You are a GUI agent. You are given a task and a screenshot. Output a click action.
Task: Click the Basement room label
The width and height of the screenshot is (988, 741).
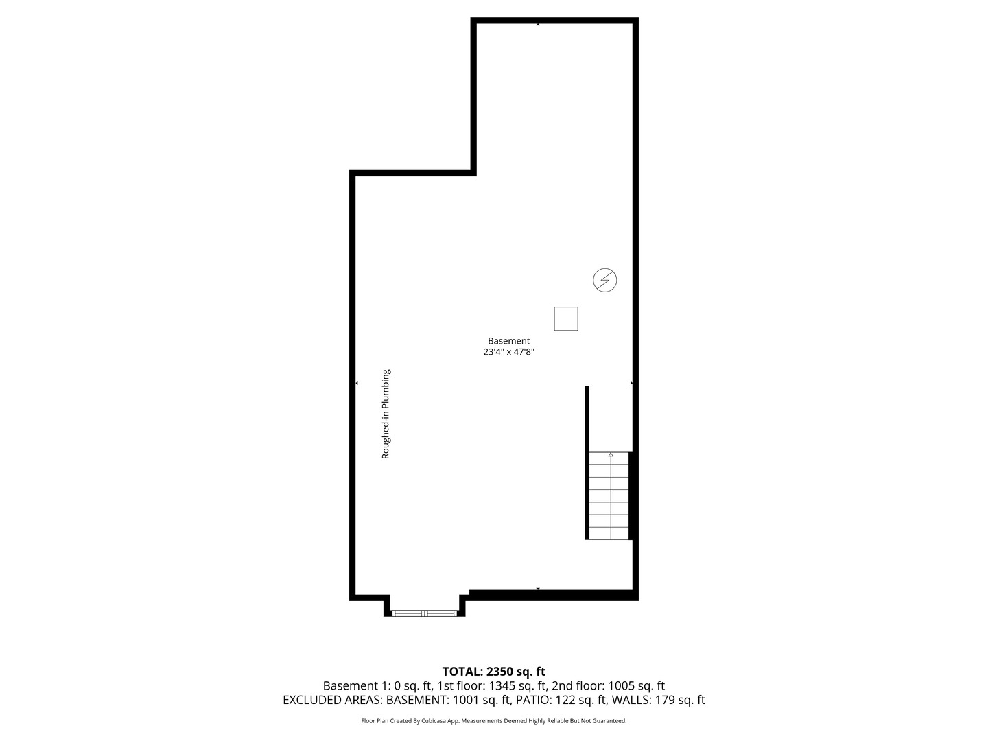[x=508, y=340]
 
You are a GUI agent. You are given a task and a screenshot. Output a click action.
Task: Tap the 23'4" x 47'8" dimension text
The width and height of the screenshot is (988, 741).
[x=508, y=352]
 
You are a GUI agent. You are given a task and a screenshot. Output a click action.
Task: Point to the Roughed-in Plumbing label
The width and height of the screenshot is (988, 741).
[x=386, y=414]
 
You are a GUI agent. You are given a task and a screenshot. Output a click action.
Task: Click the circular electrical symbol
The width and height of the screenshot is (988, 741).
[x=605, y=280]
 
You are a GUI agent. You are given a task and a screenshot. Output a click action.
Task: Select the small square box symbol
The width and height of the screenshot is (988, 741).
[x=566, y=318]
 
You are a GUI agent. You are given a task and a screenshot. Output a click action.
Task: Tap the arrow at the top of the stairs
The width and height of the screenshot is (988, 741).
[x=611, y=454]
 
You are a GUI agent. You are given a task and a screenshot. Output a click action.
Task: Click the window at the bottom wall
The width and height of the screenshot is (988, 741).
[x=424, y=612]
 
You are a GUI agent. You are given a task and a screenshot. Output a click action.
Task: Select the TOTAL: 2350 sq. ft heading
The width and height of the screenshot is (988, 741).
[x=493, y=672]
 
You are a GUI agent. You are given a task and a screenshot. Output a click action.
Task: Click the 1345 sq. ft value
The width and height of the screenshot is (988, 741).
[x=518, y=685]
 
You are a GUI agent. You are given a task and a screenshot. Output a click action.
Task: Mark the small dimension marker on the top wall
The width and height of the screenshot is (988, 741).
[x=538, y=24]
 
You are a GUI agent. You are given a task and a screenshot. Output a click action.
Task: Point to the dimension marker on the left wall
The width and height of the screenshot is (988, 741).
[x=356, y=383]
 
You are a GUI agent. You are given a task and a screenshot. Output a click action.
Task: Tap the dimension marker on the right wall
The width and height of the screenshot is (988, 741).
[x=632, y=383]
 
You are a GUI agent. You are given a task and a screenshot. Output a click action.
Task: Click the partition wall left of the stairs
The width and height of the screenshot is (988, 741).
[x=587, y=462]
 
